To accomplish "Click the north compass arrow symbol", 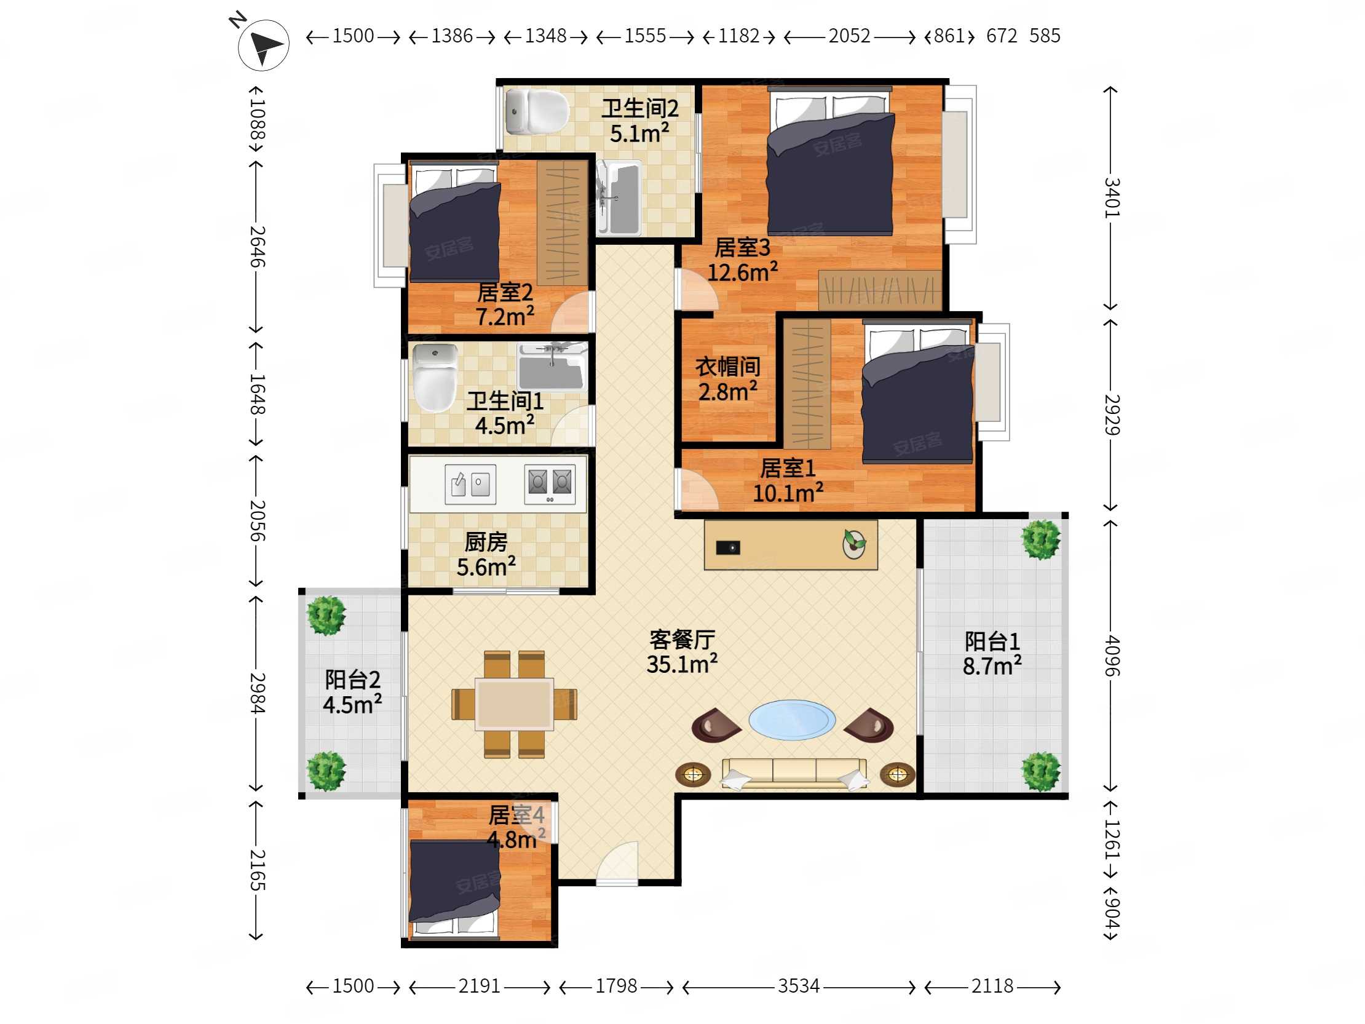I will [264, 45].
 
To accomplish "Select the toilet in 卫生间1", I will [435, 378].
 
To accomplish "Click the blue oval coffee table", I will [792, 720].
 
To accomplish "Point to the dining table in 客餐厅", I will [514, 704].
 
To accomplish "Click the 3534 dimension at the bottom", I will [799, 986].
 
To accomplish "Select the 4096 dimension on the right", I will [1111, 656].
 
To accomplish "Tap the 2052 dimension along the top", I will [849, 36].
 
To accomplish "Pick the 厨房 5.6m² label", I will [486, 554].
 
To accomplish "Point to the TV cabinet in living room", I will [791, 545].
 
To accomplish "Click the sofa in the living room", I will [794, 773].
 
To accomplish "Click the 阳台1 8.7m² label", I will [992, 654].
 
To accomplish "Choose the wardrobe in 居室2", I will [561, 223].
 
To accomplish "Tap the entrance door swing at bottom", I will [617, 862].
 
